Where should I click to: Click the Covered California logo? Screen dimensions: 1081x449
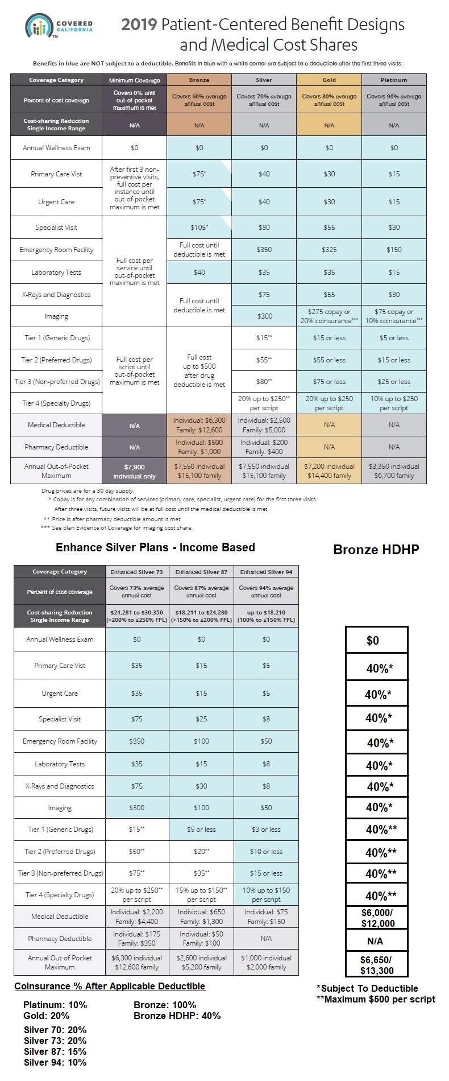(x=59, y=26)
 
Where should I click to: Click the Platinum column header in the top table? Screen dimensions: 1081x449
(x=394, y=80)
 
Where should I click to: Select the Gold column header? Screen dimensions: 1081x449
(x=329, y=80)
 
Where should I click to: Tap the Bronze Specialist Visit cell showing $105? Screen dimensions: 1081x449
(x=199, y=228)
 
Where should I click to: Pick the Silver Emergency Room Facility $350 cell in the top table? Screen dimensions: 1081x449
(x=264, y=250)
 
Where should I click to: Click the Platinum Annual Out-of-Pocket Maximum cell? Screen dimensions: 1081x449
(x=394, y=471)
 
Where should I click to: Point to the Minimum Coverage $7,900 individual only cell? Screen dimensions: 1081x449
(x=134, y=471)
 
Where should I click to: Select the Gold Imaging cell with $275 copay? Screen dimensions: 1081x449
(x=329, y=316)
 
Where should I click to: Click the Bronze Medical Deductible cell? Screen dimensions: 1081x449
(x=199, y=425)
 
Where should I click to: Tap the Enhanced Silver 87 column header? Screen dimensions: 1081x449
(x=201, y=572)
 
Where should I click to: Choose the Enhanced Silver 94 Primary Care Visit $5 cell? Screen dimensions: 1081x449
(x=266, y=666)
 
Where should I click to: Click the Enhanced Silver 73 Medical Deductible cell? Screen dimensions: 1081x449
(x=137, y=917)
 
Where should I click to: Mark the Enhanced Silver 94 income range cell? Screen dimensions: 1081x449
(x=266, y=616)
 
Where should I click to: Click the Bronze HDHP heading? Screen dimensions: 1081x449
(x=376, y=550)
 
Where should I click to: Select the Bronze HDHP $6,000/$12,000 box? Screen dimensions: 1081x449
(x=377, y=918)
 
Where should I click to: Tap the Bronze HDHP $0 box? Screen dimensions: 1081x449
(x=377, y=641)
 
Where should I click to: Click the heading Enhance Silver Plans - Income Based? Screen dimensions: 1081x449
(x=155, y=547)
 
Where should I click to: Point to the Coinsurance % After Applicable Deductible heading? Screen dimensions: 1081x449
(x=110, y=987)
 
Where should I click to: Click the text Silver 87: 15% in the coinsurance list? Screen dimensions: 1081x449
(x=55, y=1051)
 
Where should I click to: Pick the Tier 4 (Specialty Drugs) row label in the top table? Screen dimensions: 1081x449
(x=56, y=403)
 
